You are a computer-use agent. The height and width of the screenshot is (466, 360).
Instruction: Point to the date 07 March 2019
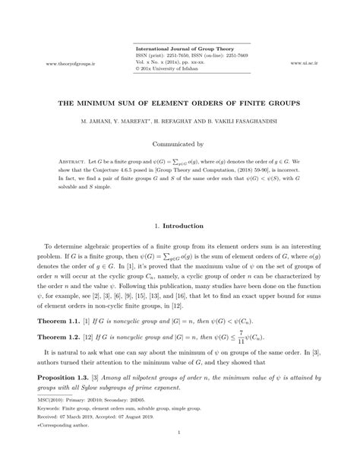click(x=78, y=418)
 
